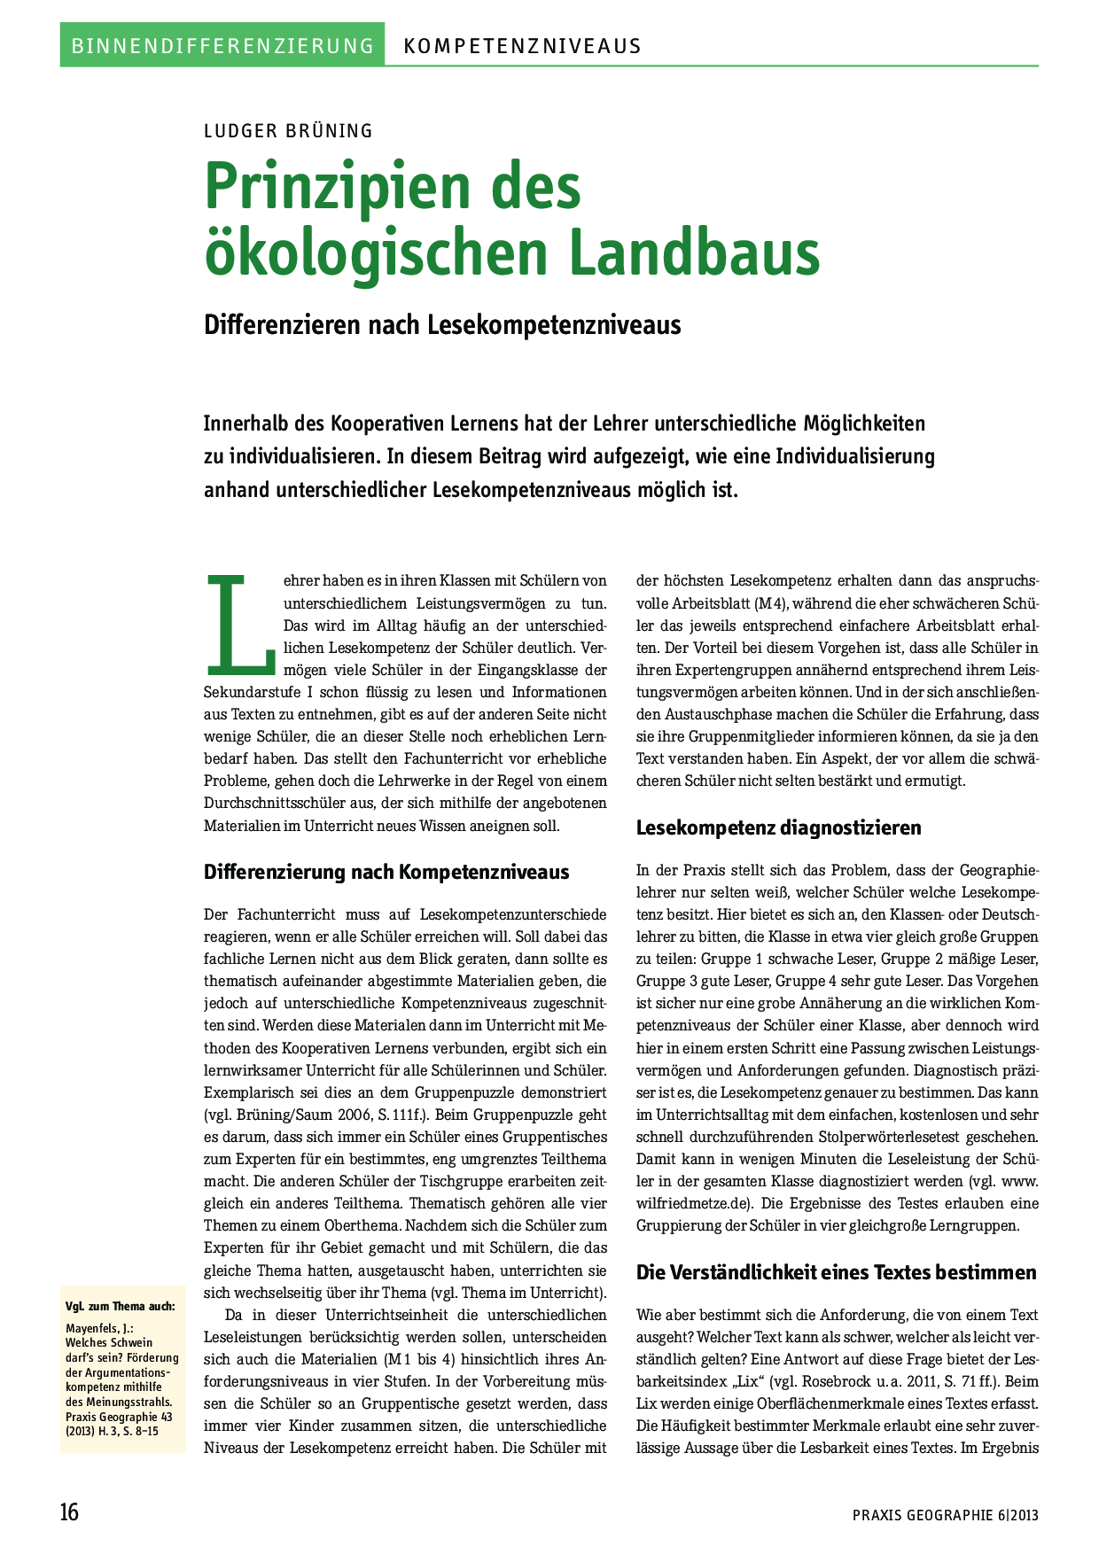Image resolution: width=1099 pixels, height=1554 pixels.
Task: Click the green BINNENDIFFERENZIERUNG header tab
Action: point(222,45)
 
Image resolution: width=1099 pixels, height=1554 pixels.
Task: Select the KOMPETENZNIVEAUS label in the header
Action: point(522,46)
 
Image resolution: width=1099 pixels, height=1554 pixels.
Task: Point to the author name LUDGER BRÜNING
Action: point(288,131)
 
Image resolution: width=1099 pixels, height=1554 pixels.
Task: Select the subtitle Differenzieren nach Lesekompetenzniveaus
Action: point(442,325)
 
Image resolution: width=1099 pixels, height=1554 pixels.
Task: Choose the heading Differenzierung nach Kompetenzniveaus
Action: point(386,872)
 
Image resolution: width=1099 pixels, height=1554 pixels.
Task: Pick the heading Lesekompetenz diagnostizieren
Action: point(779,828)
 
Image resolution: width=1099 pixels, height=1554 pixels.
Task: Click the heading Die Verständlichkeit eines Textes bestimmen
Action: point(836,1272)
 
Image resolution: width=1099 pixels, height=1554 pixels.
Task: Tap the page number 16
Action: point(69,1511)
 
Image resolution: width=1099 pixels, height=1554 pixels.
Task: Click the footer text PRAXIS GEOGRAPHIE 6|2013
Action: point(945,1515)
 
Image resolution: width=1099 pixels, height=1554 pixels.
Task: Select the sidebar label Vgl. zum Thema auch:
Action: point(121,1306)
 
